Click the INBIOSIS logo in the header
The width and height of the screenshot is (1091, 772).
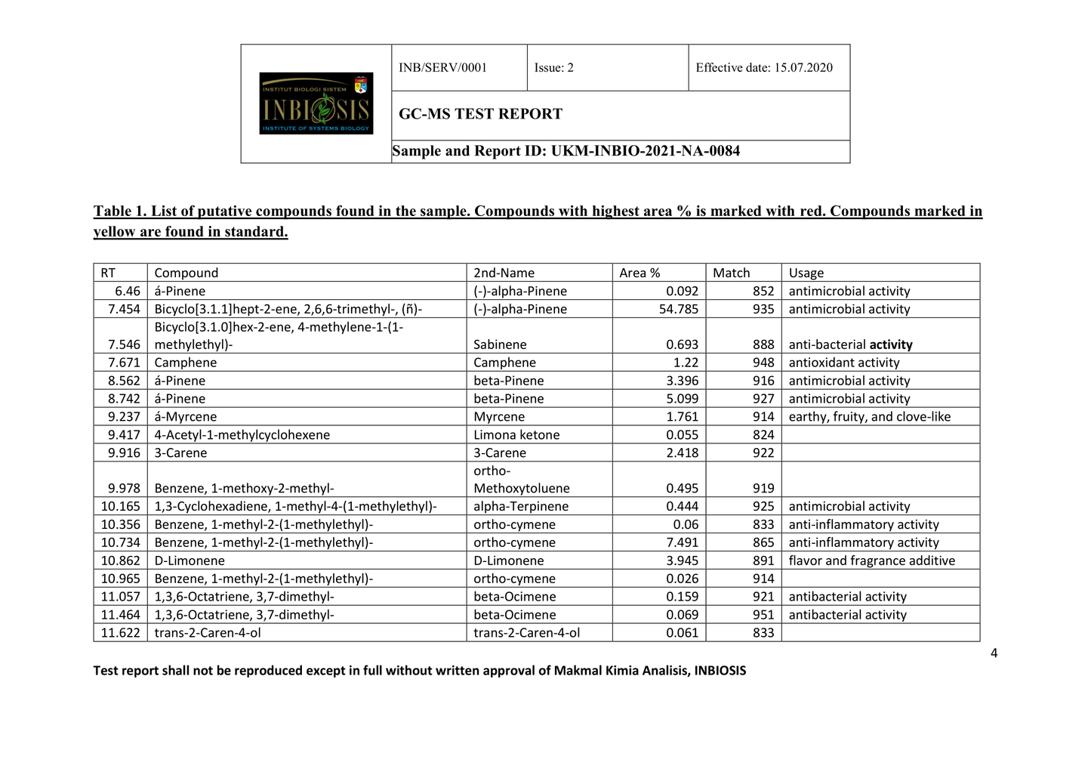[x=316, y=103]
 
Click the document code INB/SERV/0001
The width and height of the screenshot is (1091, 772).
[x=442, y=68]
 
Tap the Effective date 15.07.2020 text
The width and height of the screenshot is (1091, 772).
[x=763, y=68]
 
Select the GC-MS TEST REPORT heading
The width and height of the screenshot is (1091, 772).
[x=480, y=114]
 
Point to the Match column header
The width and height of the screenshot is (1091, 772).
[x=731, y=273]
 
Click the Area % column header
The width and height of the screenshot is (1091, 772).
[x=639, y=273]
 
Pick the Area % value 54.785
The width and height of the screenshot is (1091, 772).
[x=678, y=309]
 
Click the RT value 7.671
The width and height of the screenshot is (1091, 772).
[x=124, y=363]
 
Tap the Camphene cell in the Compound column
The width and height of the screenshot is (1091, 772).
[x=185, y=363]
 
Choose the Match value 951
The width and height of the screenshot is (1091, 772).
[x=763, y=615]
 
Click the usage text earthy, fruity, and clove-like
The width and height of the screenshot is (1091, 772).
[x=869, y=417]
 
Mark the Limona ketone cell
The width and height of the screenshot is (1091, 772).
[x=516, y=435]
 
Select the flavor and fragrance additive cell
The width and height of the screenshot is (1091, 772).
[x=871, y=560]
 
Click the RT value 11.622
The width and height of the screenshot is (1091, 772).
[x=121, y=633]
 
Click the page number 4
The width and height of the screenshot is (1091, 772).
[x=994, y=653]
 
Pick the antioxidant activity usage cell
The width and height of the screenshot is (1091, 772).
[x=843, y=363]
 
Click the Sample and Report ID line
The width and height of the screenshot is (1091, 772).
[x=566, y=151]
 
